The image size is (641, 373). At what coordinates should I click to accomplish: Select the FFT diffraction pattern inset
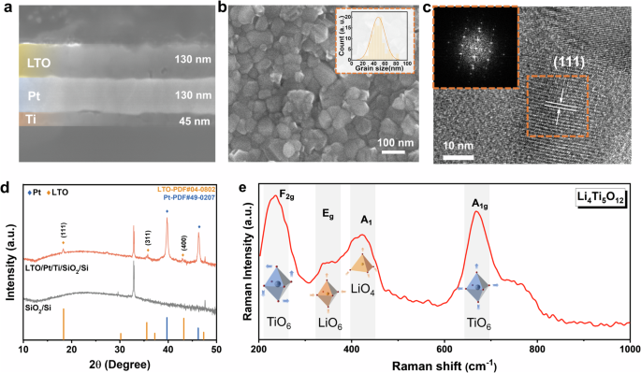pyautogui.click(x=473, y=47)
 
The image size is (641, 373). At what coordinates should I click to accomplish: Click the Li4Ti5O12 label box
pyautogui.click(x=603, y=198)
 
